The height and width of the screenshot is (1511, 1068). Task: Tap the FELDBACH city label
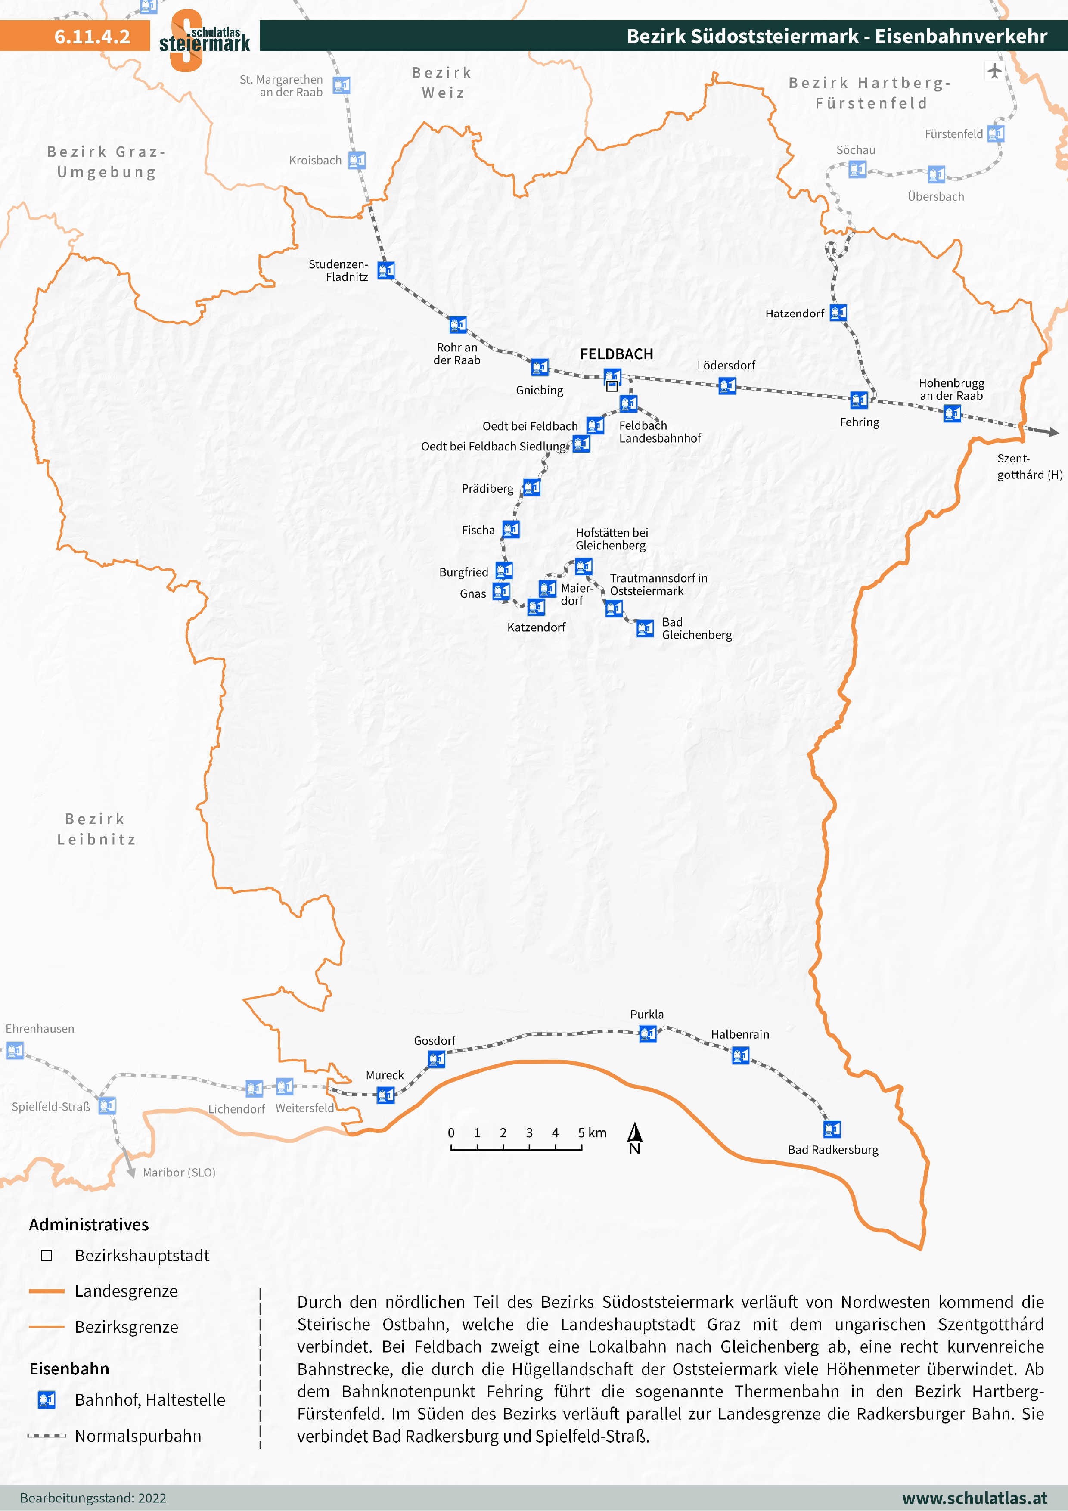click(x=616, y=354)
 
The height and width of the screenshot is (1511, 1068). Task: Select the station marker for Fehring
click(x=859, y=400)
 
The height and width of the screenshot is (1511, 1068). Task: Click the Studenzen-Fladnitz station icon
click(x=385, y=270)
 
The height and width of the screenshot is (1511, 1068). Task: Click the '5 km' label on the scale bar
click(x=592, y=1132)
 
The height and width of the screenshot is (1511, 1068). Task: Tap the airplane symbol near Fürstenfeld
click(x=994, y=71)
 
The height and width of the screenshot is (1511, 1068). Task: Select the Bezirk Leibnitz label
click(x=96, y=829)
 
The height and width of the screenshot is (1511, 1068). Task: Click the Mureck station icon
click(x=385, y=1095)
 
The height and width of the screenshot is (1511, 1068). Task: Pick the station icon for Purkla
click(x=648, y=1034)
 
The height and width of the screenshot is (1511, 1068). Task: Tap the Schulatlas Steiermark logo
click(x=204, y=40)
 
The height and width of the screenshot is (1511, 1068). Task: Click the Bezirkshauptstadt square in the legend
click(x=47, y=1255)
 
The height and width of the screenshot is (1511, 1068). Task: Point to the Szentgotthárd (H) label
click(x=1028, y=467)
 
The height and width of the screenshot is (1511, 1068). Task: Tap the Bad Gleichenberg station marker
click(x=645, y=629)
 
